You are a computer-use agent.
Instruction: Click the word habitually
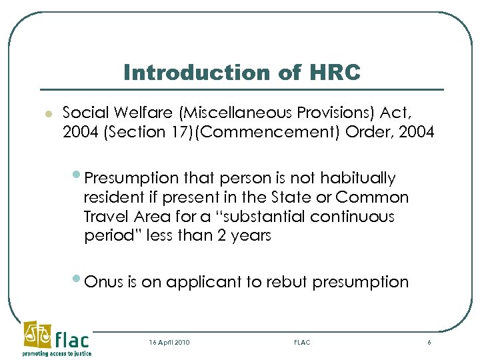coord(358,179)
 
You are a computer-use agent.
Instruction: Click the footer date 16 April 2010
coord(169,342)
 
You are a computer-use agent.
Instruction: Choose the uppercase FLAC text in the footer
coord(302,342)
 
